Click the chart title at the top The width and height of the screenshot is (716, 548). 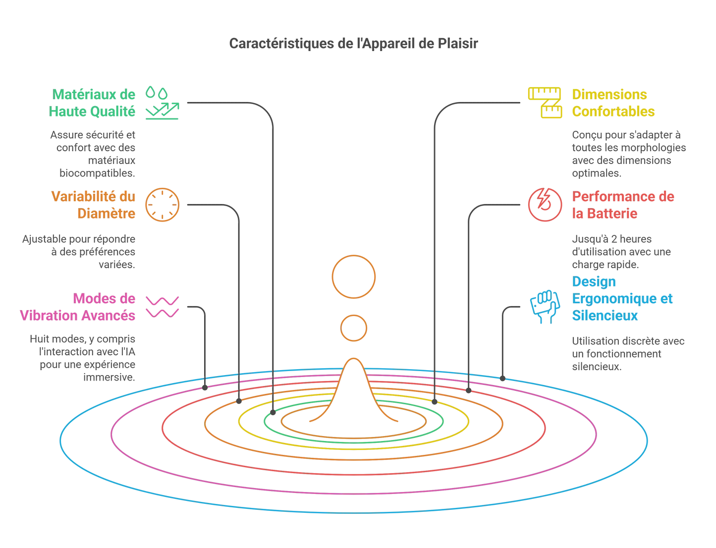click(353, 44)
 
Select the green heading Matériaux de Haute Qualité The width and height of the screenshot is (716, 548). click(92, 103)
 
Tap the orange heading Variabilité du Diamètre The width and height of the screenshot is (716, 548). click(93, 205)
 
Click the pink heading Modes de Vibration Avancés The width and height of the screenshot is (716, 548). click(78, 307)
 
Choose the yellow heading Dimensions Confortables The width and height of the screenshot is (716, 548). click(613, 103)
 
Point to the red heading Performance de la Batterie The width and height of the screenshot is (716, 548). click(623, 205)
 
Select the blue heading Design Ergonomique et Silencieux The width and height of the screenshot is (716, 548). click(622, 298)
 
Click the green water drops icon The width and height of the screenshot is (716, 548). click(162, 103)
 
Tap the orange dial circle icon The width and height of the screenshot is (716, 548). click(162, 205)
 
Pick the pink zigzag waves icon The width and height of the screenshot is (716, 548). click(162, 307)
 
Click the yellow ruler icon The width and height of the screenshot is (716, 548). click(545, 103)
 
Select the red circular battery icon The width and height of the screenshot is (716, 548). click(545, 205)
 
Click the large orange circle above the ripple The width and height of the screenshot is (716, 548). click(354, 276)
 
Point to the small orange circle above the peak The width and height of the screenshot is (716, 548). click(354, 328)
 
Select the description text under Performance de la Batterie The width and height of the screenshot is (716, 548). click(621, 252)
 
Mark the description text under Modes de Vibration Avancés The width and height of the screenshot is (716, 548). click(83, 358)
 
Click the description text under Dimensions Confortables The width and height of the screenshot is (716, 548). click(629, 154)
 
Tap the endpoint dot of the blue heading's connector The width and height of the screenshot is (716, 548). click(502, 379)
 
